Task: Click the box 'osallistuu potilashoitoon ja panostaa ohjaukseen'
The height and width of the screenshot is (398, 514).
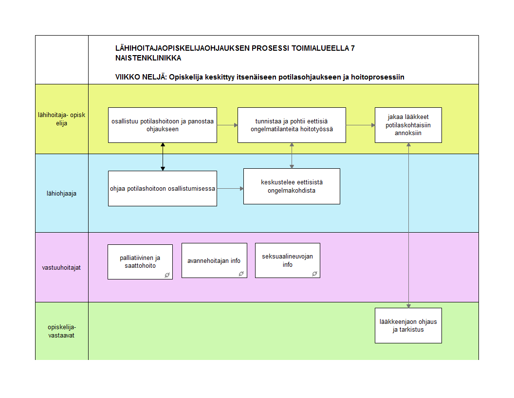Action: click(x=162, y=125)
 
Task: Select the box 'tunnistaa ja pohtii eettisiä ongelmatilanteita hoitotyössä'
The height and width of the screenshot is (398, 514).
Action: click(x=292, y=125)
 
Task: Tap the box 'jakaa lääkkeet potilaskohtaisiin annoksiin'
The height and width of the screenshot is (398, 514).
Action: click(x=408, y=125)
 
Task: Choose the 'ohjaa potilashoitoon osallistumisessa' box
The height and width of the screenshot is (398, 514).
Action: click(x=162, y=188)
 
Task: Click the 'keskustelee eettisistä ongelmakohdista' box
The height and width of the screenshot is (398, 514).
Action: click(x=292, y=186)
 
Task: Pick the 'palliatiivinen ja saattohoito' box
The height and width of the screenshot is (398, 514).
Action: click(x=140, y=261)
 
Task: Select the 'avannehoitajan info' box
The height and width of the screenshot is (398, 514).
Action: click(x=214, y=260)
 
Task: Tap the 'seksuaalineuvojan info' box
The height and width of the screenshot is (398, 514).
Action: click(x=287, y=260)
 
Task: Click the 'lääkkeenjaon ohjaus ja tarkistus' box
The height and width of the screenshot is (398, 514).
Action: click(x=408, y=325)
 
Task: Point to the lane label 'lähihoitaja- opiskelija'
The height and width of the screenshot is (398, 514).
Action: click(x=61, y=119)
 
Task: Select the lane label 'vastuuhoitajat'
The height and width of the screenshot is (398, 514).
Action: click(x=61, y=267)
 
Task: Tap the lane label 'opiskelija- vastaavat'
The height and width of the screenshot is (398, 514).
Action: click(x=61, y=331)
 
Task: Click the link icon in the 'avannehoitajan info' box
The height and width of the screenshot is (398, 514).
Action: click(x=240, y=274)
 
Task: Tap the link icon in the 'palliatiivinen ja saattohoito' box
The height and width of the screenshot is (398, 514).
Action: click(x=166, y=275)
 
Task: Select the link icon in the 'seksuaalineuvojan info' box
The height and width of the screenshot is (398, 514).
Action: click(x=314, y=274)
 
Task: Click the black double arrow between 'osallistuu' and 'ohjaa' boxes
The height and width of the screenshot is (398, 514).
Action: click(x=163, y=157)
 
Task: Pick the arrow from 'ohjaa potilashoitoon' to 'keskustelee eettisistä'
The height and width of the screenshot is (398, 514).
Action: click(x=230, y=188)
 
